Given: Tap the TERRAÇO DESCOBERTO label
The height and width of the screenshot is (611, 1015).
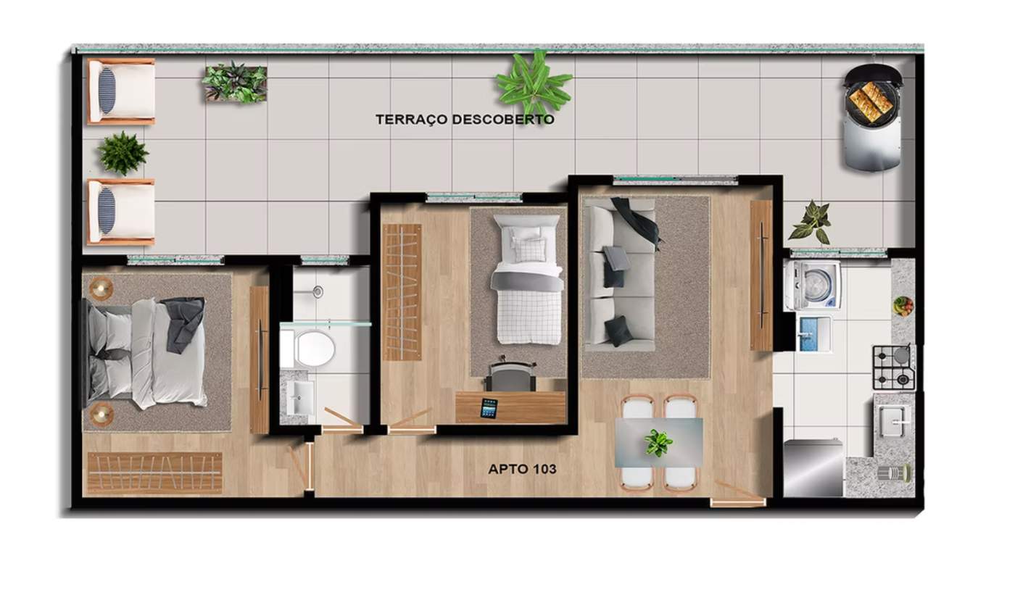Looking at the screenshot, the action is pyautogui.click(x=465, y=119).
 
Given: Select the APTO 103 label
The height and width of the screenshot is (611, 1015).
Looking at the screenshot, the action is pyautogui.click(x=522, y=469).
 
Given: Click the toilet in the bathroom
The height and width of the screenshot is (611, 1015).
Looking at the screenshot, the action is pyautogui.click(x=309, y=349).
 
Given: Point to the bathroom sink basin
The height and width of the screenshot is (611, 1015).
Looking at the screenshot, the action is pyautogui.click(x=299, y=397).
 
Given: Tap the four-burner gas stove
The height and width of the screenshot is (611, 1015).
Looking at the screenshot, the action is pyautogui.click(x=894, y=367).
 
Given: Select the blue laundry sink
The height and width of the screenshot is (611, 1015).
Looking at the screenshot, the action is pyautogui.click(x=814, y=334).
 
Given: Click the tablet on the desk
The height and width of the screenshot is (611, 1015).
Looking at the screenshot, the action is pyautogui.click(x=489, y=409).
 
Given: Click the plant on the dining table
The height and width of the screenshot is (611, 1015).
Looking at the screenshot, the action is pyautogui.click(x=658, y=443).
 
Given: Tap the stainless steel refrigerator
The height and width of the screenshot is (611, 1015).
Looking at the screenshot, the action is pyautogui.click(x=813, y=467).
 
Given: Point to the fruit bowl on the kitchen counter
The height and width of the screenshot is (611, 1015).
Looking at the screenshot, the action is pyautogui.click(x=903, y=306).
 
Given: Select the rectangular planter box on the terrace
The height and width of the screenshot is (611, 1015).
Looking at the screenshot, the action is pyautogui.click(x=234, y=83).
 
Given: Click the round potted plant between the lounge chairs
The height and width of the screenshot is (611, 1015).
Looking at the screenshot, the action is pyautogui.click(x=123, y=153).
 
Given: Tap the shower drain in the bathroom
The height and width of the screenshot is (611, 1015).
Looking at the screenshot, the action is pyautogui.click(x=318, y=291).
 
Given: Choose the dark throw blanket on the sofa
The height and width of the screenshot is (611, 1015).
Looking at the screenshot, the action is pyautogui.click(x=637, y=223).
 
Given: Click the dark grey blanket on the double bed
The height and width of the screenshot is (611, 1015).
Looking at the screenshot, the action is pyautogui.click(x=183, y=323).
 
